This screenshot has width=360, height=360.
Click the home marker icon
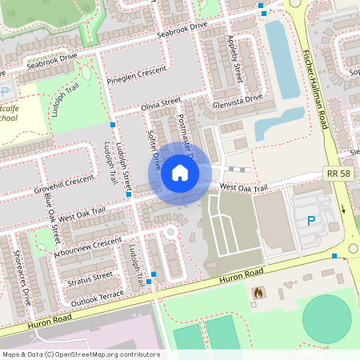pos(180,173)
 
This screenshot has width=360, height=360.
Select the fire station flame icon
pos(257,294)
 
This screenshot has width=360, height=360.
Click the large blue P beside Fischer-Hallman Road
pos(311,220)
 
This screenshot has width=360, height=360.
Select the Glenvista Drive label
pos(238,99)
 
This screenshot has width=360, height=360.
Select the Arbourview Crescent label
pos(85,246)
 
